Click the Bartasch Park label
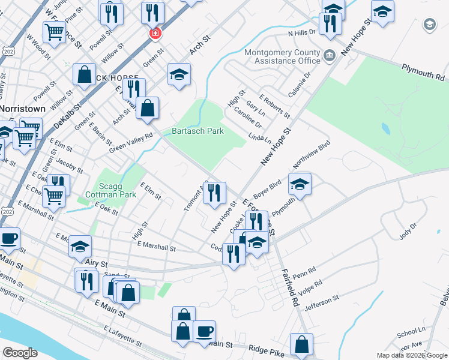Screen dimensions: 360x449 (197, 131)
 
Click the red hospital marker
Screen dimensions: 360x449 (155, 33)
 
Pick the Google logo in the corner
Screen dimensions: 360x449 (20, 352)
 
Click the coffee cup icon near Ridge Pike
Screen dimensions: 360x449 (205, 332)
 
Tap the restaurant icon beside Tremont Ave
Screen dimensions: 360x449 (214, 193)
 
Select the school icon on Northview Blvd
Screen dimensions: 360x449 (300, 184)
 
